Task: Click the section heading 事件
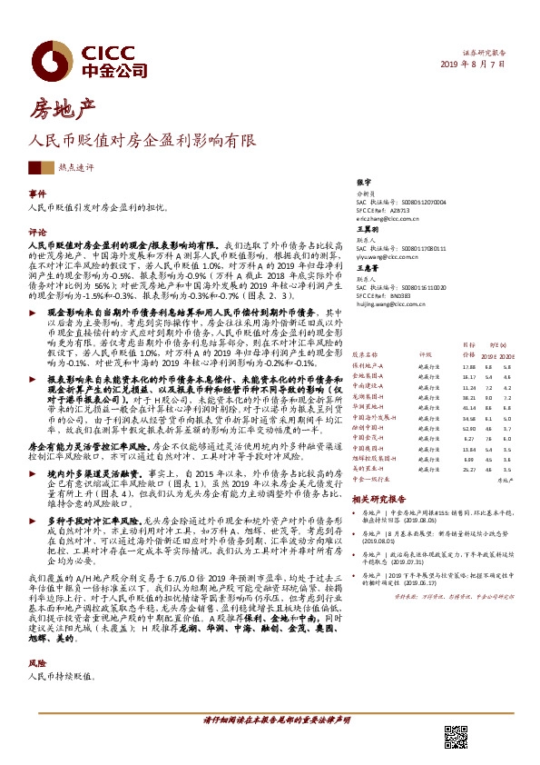coord(37,194)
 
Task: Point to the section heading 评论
coord(37,232)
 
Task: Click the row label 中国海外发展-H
coord(374,416)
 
